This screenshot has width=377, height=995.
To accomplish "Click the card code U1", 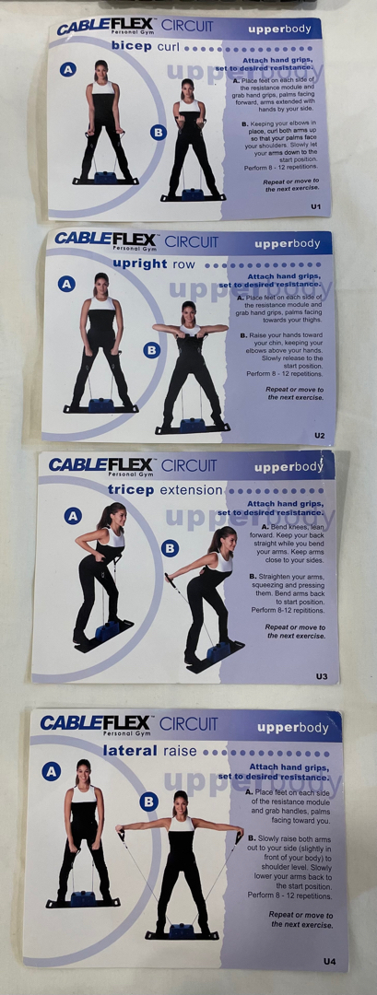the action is pyautogui.click(x=315, y=206).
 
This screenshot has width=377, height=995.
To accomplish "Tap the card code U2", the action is pyautogui.click(x=319, y=435).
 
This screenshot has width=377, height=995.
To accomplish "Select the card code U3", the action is pyautogui.click(x=322, y=676).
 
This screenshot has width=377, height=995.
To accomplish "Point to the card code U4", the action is pyautogui.click(x=329, y=961).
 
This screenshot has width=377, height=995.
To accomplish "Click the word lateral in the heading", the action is pyautogui.click(x=130, y=751).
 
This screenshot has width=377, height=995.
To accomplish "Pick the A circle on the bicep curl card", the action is pyautogui.click(x=68, y=70).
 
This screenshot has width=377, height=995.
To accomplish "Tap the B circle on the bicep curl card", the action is pyautogui.click(x=158, y=133).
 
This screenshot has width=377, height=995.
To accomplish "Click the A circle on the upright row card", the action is pyautogui.click(x=66, y=284).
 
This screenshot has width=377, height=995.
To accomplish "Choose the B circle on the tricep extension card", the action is pyautogui.click(x=170, y=548).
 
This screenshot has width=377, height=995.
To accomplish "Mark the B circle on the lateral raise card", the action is pyautogui.click(x=148, y=802).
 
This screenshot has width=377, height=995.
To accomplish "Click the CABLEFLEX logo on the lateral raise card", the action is pyautogui.click(x=95, y=723).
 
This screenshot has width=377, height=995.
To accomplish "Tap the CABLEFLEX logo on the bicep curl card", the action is pyautogui.click(x=107, y=28).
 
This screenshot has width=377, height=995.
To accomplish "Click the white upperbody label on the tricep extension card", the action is pyautogui.click(x=289, y=468).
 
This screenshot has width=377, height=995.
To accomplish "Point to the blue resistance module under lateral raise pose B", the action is pyautogui.click(x=183, y=931).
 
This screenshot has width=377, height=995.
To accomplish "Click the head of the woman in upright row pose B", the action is pyautogui.click(x=187, y=312).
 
